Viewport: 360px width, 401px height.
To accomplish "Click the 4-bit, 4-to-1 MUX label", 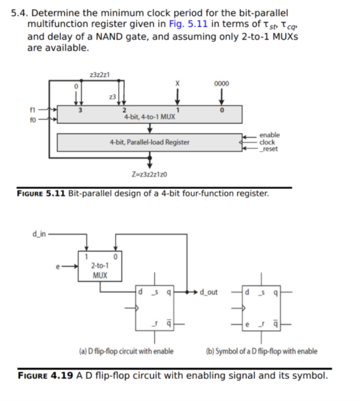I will click(x=149, y=117).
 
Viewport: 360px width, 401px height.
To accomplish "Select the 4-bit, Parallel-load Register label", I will click(x=149, y=142).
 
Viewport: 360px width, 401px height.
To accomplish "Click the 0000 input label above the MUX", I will click(x=222, y=83).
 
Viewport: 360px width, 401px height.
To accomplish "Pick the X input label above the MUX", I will click(x=177, y=83).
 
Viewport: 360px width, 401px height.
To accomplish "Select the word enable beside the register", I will click(x=270, y=135).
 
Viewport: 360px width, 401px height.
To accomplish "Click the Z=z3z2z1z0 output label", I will click(x=149, y=175).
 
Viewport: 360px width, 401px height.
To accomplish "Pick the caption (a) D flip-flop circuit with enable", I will click(x=125, y=351).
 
